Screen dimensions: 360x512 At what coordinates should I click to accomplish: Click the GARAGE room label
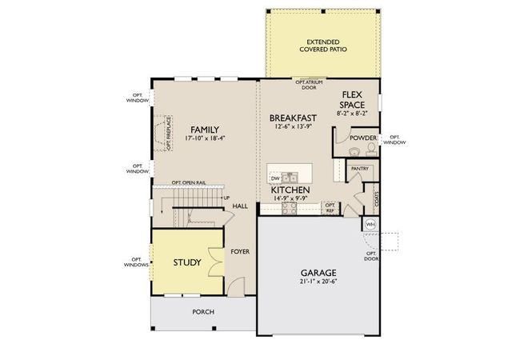click(x=318, y=272)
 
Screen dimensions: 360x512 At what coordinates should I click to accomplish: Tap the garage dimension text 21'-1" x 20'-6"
click(x=318, y=282)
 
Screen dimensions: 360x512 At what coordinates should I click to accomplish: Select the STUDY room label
click(x=187, y=262)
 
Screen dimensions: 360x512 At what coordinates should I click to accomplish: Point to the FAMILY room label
click(x=204, y=130)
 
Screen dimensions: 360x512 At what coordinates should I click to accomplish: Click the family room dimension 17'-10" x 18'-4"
click(x=204, y=138)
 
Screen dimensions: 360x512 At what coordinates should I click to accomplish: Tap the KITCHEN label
click(x=295, y=190)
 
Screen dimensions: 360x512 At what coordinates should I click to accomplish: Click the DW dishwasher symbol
click(x=274, y=178)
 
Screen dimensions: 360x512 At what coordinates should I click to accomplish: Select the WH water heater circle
click(x=370, y=225)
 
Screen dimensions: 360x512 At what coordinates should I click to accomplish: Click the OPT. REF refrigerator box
click(x=329, y=206)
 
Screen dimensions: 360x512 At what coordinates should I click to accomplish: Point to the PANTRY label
click(x=359, y=169)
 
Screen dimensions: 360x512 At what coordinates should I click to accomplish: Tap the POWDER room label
click(x=362, y=138)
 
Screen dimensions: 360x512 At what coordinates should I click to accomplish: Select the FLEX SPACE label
click(x=353, y=99)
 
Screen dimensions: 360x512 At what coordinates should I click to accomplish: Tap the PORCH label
click(x=203, y=311)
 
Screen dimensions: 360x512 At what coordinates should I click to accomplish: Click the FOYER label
click(x=240, y=251)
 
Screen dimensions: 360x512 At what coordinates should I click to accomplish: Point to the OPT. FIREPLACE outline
click(x=168, y=133)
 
